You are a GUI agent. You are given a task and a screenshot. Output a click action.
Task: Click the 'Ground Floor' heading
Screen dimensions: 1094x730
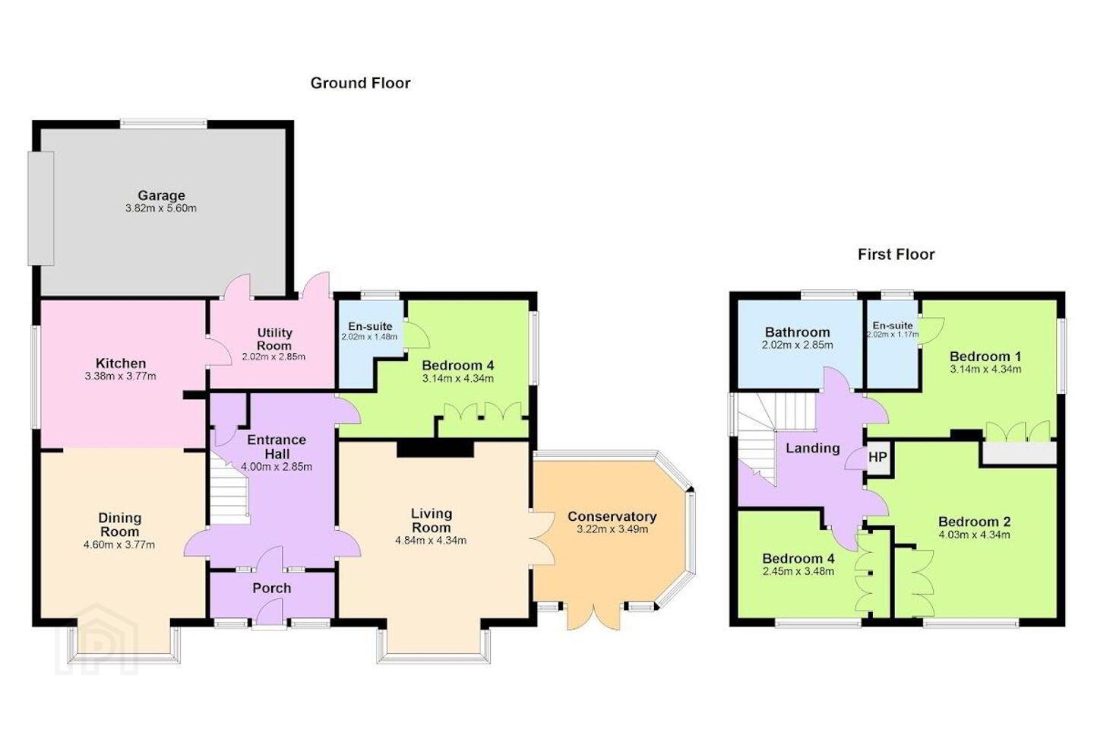[360, 83]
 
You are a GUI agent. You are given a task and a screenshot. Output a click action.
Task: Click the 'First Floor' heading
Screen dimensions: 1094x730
[896, 254]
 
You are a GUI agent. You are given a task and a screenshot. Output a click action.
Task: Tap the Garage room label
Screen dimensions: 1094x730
[161, 195]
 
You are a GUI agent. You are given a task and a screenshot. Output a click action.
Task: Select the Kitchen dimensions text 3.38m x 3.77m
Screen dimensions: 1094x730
[120, 376]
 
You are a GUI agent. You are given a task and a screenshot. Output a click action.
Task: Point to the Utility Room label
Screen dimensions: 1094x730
[274, 339]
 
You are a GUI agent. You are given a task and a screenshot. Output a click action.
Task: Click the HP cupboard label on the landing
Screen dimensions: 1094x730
[877, 457]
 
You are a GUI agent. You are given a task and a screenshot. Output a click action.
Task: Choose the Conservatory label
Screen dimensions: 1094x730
[612, 516]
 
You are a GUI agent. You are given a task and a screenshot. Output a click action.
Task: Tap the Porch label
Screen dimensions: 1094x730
[271, 588]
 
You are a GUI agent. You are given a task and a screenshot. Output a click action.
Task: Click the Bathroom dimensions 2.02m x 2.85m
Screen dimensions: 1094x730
[797, 344]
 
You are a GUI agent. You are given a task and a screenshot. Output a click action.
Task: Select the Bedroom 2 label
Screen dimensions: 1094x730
[974, 522]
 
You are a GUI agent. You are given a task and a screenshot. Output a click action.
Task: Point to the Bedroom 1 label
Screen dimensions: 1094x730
[985, 356]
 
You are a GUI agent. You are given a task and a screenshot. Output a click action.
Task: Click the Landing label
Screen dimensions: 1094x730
[813, 449]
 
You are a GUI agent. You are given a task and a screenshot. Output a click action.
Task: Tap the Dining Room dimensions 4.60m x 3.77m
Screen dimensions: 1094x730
[119, 544]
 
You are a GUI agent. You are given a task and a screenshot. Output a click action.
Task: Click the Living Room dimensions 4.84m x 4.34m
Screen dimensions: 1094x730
[431, 541]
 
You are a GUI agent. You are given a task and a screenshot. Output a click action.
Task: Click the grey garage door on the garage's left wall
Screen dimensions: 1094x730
[40, 209]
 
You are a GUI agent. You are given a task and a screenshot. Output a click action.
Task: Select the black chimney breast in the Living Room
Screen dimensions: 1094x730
[435, 448]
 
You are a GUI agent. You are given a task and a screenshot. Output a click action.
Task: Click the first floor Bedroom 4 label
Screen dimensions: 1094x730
[798, 558]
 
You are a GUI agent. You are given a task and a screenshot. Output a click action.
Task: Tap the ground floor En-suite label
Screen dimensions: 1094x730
[370, 326]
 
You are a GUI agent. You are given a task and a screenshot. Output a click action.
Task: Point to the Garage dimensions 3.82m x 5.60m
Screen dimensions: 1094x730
[161, 208]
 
